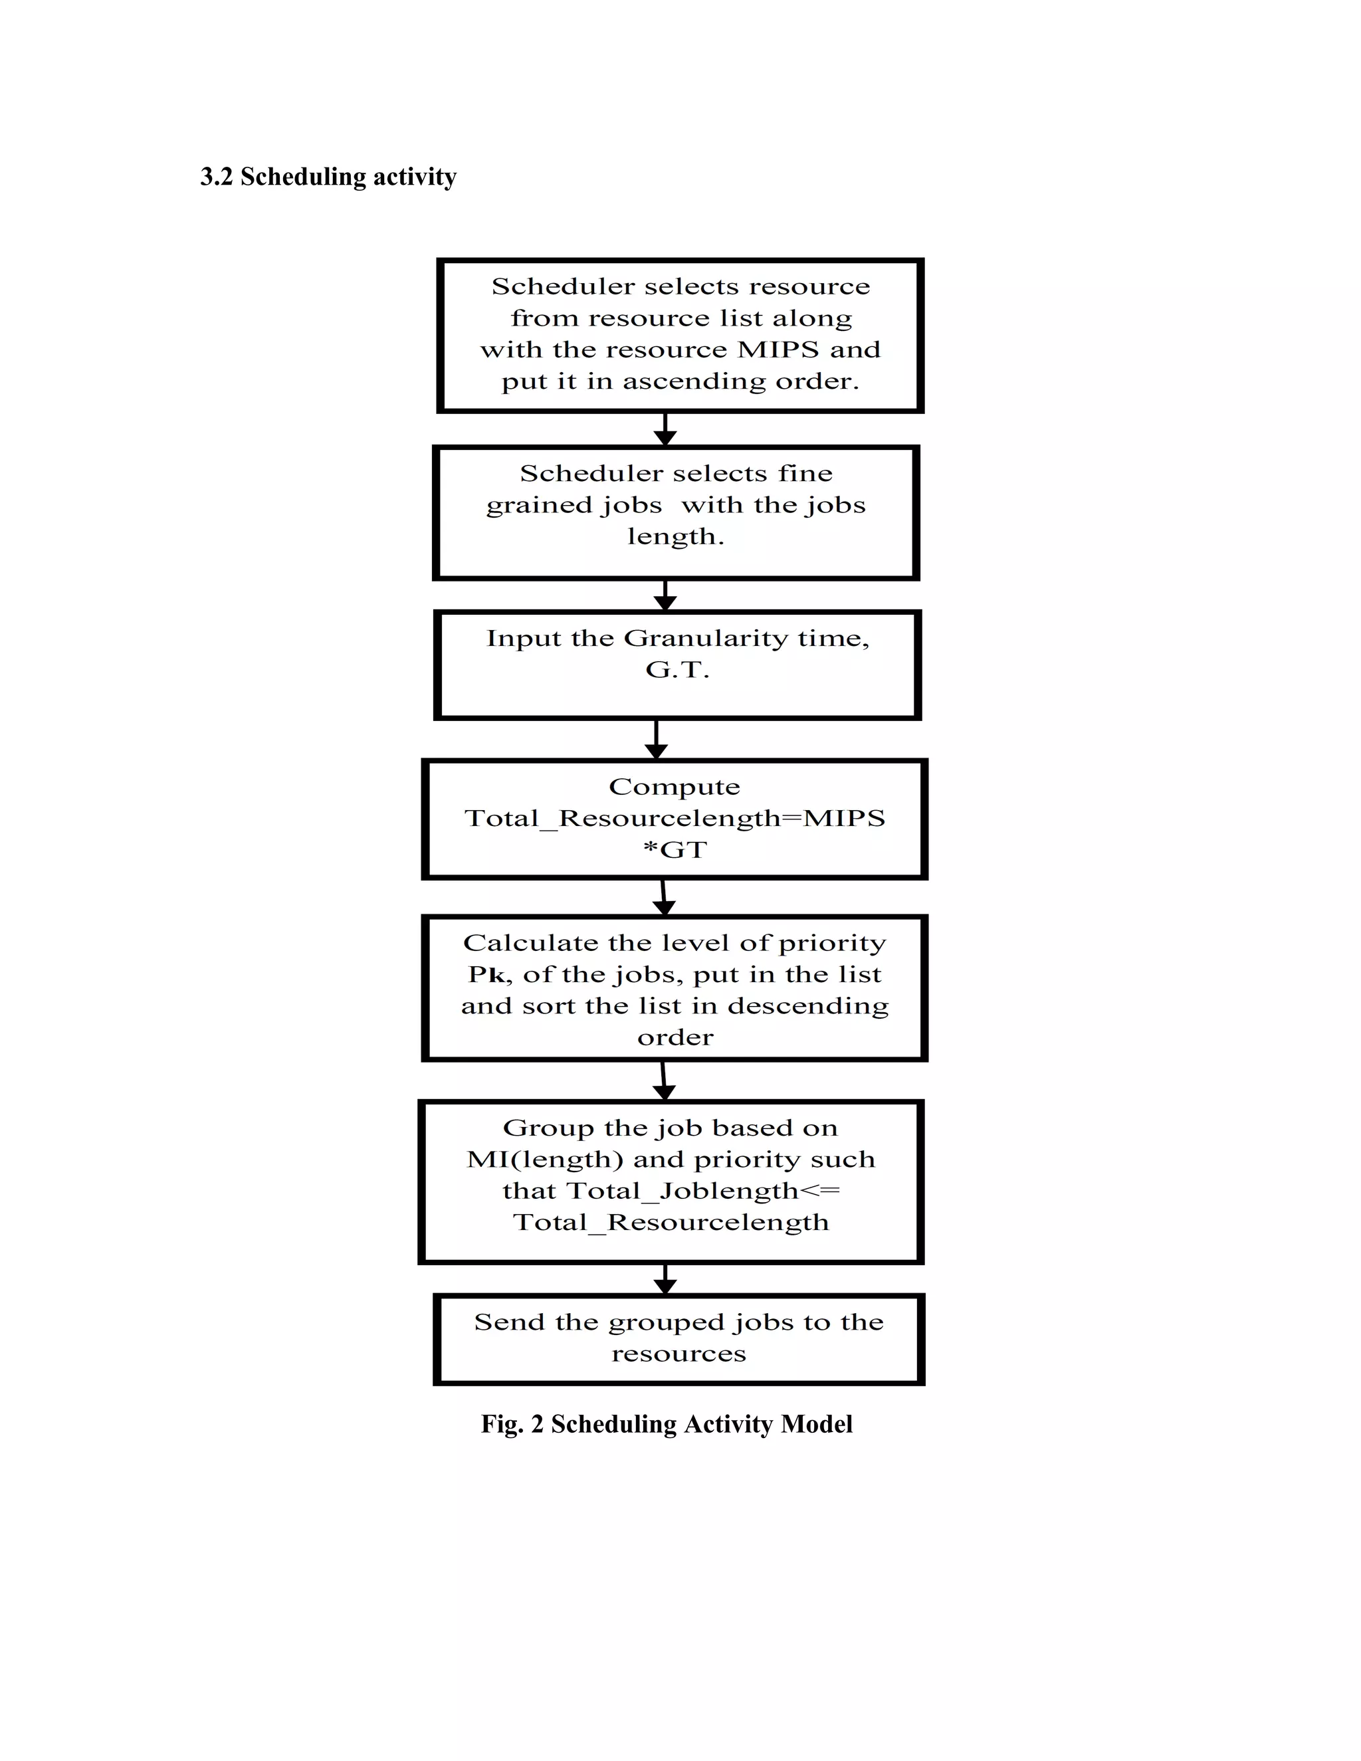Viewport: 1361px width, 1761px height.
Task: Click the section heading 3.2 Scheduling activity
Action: tap(328, 177)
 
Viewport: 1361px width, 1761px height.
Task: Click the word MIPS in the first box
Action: tap(778, 349)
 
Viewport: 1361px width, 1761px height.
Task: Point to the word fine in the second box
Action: tap(805, 472)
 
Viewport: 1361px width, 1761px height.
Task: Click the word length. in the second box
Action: tap(676, 536)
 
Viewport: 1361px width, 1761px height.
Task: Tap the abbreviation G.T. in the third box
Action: tap(677, 669)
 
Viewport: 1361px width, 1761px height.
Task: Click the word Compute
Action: tap(674, 786)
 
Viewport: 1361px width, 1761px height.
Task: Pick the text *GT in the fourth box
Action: tap(675, 849)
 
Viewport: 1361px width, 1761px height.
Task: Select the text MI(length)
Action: tap(544, 1159)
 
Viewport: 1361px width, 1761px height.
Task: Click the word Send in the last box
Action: tap(509, 1322)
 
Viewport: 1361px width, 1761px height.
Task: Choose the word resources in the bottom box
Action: tap(678, 1353)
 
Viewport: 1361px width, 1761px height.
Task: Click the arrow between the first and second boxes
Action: tap(665, 430)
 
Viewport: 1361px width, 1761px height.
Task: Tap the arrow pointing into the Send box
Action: tap(665, 1280)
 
